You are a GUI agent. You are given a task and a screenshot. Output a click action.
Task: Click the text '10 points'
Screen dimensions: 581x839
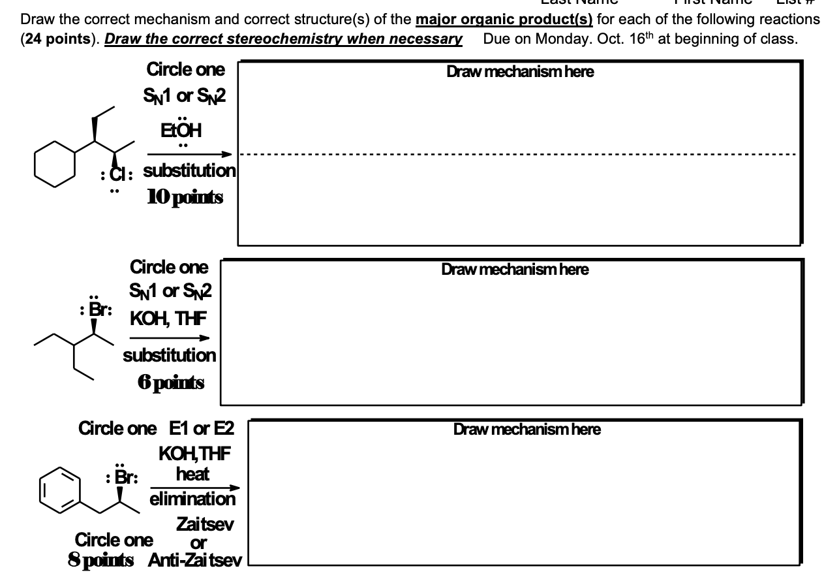(183, 197)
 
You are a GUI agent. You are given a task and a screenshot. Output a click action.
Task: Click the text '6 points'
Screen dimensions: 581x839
(170, 383)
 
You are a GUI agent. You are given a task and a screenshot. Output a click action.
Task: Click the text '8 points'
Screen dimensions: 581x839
(100, 560)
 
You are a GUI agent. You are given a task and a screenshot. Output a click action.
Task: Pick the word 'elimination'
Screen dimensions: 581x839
(192, 499)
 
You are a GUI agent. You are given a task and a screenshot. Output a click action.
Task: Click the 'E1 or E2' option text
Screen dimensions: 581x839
(202, 429)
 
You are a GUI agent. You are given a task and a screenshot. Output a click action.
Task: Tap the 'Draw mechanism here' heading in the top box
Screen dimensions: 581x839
(520, 72)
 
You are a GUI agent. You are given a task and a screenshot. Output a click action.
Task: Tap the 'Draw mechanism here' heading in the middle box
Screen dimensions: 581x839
(515, 269)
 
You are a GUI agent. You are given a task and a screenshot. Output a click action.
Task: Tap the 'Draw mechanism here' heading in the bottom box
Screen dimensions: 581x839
(526, 429)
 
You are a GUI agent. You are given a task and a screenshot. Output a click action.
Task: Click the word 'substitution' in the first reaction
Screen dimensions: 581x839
(189, 171)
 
